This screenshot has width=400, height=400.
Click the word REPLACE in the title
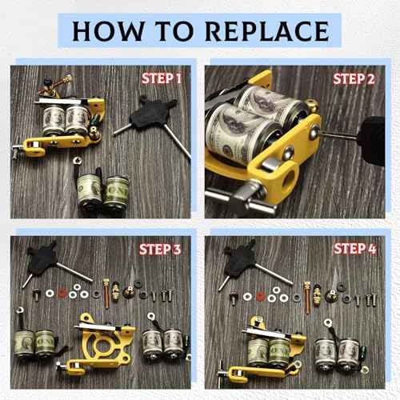(267, 31)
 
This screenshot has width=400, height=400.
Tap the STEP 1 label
(162, 78)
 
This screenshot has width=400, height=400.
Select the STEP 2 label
(354, 79)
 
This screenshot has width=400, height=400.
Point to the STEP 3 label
(160, 250)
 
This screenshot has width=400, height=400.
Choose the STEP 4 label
(355, 249)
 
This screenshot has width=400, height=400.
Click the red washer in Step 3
(62, 293)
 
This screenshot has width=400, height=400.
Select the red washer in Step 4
(260, 296)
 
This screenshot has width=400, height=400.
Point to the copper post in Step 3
(106, 294)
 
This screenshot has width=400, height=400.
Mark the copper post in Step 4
(307, 298)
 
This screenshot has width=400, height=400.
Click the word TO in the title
(174, 31)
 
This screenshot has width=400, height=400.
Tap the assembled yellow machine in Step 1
(58, 120)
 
